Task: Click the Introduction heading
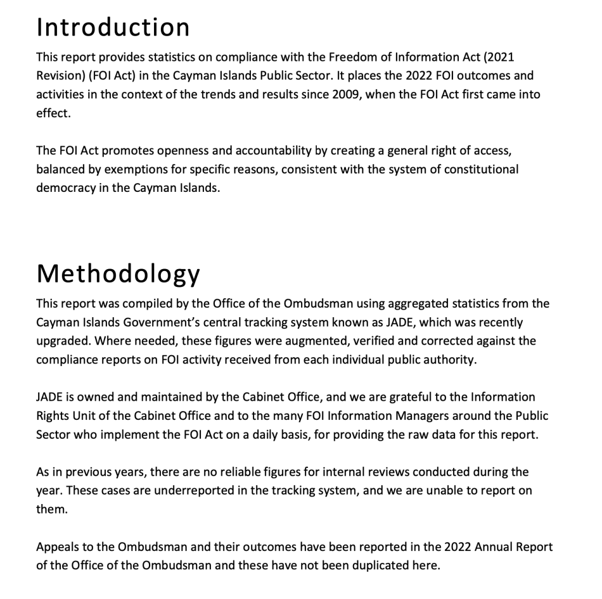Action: point(113,27)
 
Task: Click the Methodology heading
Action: point(118,273)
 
